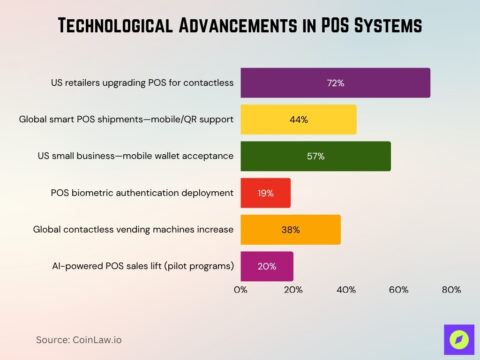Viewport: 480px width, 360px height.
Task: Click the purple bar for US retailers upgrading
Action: click(x=335, y=82)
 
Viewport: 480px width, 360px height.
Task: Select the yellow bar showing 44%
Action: click(x=298, y=119)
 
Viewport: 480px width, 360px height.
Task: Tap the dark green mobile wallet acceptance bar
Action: click(x=315, y=156)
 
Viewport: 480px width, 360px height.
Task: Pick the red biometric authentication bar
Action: click(x=265, y=193)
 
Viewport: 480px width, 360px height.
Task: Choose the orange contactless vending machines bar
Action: click(x=290, y=230)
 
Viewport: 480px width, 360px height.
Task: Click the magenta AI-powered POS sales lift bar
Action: click(x=267, y=267)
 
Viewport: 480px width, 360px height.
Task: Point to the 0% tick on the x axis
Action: click(x=241, y=290)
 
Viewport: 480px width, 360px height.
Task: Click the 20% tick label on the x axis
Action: click(x=293, y=290)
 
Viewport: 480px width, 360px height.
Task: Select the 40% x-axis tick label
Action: click(x=346, y=290)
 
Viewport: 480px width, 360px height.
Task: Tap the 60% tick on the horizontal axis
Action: click(x=399, y=290)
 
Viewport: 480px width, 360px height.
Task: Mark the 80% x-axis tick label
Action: click(x=451, y=290)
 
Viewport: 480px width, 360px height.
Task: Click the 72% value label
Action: click(x=335, y=82)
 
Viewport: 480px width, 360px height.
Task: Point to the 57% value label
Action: click(x=315, y=156)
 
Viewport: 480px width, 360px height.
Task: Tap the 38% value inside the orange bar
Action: click(x=290, y=230)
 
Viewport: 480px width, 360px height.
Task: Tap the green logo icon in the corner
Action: click(x=457, y=339)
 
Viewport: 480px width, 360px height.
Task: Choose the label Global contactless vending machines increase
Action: click(x=130, y=230)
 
